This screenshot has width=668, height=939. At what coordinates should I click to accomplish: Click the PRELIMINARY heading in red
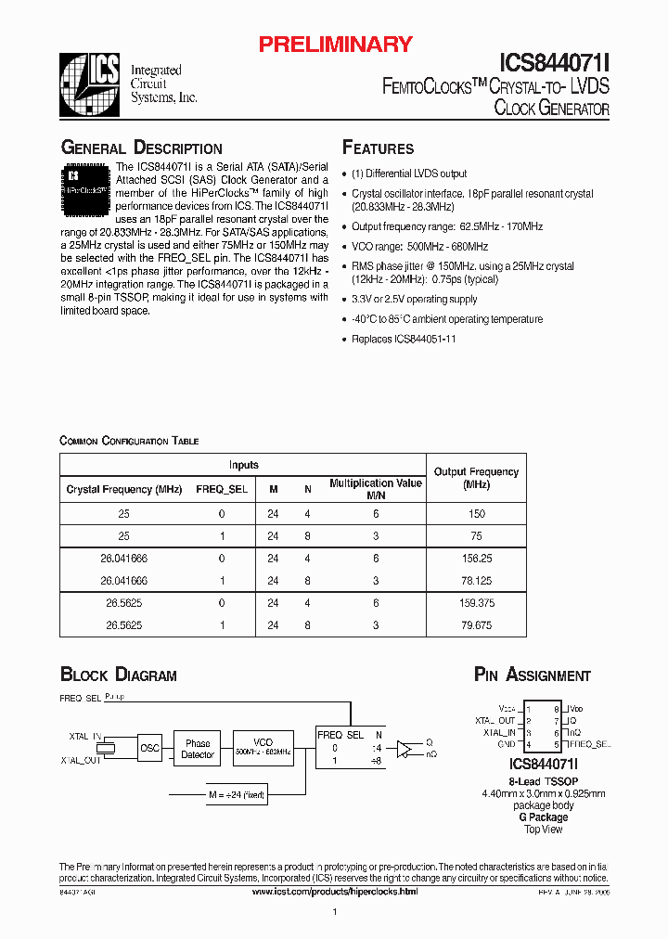pos(335,44)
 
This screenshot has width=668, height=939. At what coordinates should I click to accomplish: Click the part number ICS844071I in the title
pos(554,62)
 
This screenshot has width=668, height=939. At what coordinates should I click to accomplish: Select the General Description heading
pos(141,148)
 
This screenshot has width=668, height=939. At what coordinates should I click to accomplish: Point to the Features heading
pos(379,148)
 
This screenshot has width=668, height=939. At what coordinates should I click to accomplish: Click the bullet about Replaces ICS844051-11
pos(404,340)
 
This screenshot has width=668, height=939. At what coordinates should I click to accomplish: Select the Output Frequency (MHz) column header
pos(475,478)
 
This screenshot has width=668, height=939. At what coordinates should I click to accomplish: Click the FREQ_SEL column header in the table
pos(222,489)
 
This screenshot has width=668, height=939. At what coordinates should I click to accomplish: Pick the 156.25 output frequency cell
pos(475,559)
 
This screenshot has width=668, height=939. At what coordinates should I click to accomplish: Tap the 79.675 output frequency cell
pos(475,625)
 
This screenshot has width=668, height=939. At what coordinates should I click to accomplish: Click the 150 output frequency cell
pos(476,513)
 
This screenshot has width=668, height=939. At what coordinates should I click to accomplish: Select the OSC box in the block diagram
pos(149,748)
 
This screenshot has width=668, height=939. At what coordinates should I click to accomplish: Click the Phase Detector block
pos(198,749)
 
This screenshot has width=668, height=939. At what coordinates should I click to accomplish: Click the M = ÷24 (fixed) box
pos(238,794)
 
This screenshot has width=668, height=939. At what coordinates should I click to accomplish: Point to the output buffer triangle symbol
pos(405,749)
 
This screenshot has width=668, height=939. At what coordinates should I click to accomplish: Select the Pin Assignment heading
pos(532,675)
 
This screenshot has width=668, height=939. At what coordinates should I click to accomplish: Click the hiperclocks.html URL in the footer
pos(335,891)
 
